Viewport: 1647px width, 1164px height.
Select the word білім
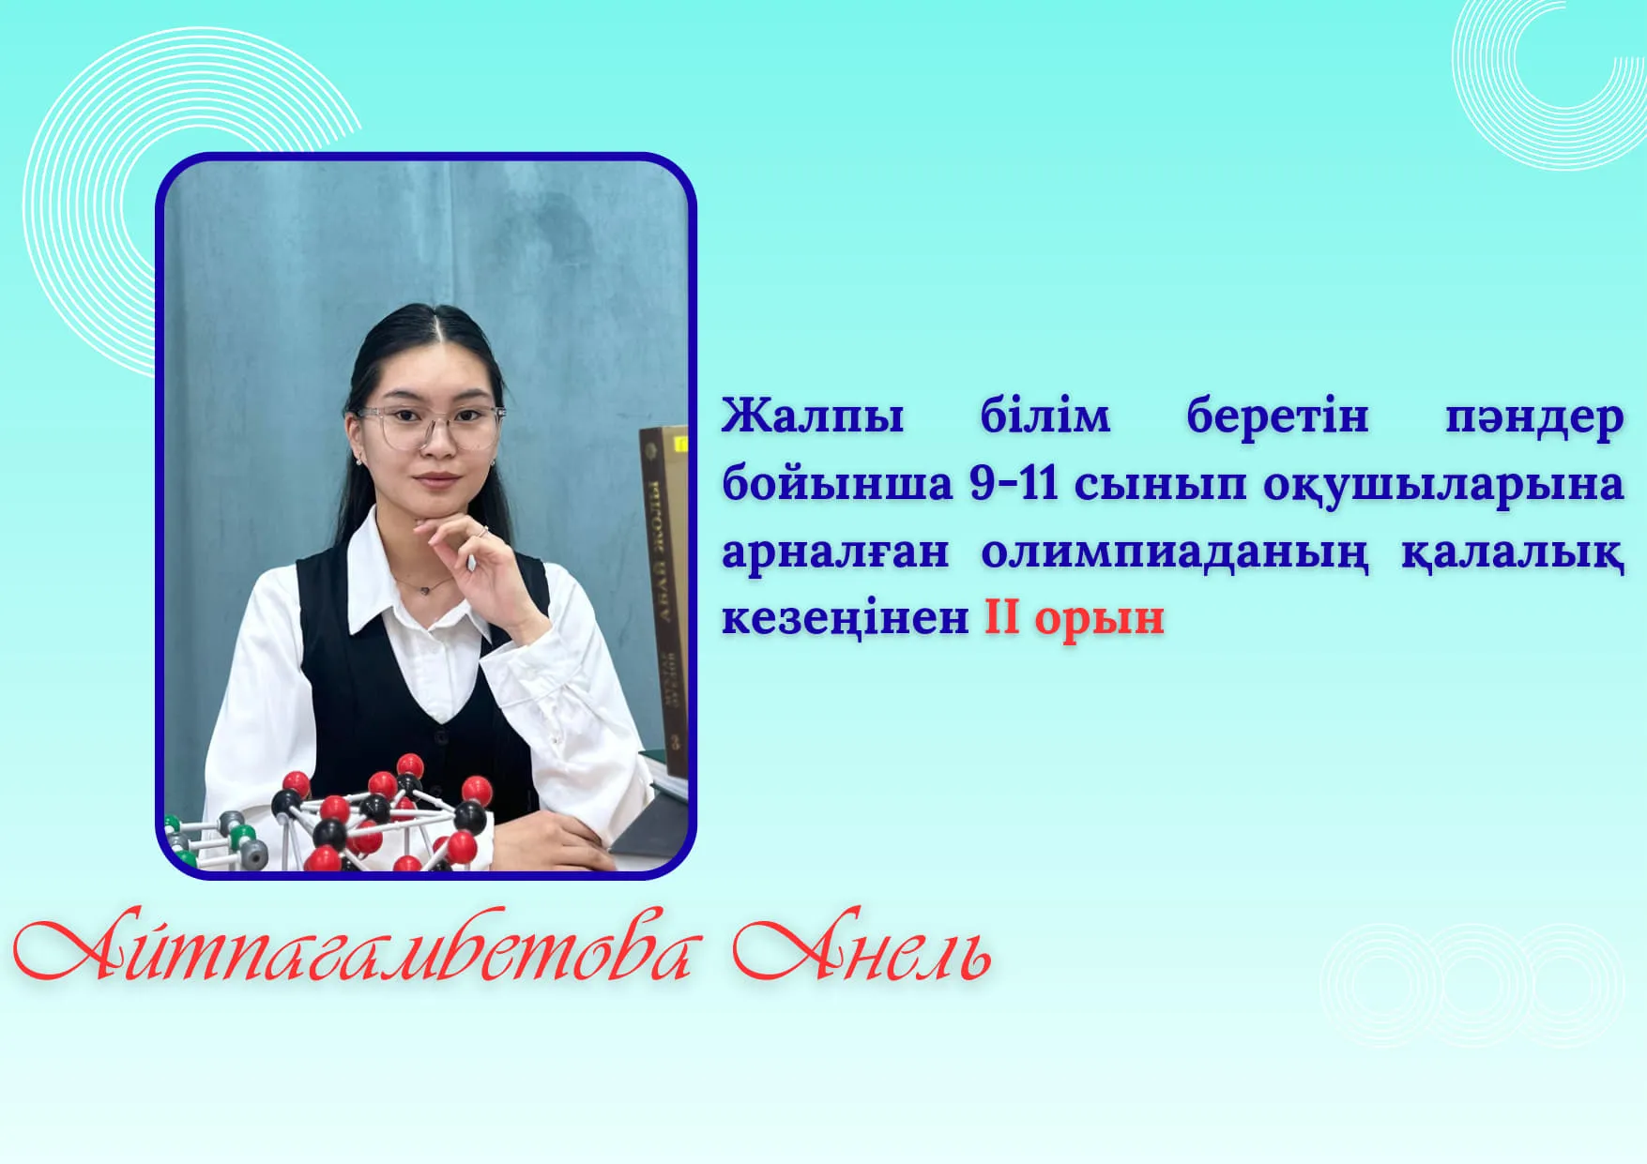click(1045, 416)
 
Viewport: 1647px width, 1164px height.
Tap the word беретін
click(1277, 416)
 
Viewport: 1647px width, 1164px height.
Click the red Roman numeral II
click(1001, 617)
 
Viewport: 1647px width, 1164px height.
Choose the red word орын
click(1099, 621)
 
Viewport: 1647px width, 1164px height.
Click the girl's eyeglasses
click(429, 425)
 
